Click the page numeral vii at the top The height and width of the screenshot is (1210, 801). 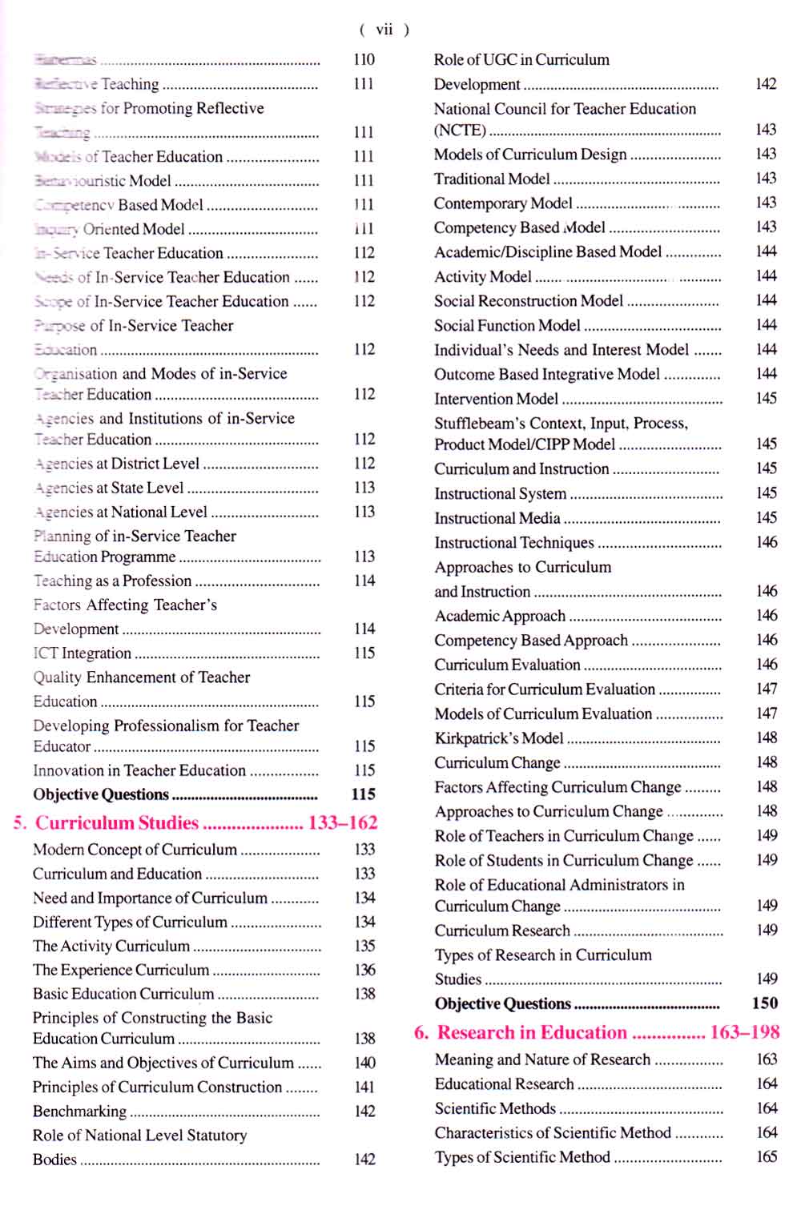point(384,30)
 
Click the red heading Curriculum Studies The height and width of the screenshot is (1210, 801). point(117,823)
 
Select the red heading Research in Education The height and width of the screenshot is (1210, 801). point(532,1032)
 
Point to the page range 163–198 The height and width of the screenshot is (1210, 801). point(744,1032)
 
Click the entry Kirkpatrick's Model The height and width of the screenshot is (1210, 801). point(499,738)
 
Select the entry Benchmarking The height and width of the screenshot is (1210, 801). point(79,1111)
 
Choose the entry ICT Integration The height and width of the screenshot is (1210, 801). point(82,653)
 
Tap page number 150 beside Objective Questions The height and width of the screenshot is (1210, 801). point(765,1003)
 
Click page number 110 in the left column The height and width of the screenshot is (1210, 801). point(364,59)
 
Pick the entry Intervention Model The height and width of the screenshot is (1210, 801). point(496,399)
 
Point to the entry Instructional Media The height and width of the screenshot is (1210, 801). point(497,518)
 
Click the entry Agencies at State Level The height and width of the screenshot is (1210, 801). point(109,487)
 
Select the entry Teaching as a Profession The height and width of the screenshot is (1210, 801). point(112,581)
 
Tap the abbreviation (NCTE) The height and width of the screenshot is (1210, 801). point(460,130)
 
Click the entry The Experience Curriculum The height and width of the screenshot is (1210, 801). point(121,970)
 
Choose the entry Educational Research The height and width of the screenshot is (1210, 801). point(505,1083)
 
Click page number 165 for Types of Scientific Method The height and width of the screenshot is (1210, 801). point(767,1156)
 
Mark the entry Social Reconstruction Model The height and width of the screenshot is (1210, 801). point(529,301)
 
